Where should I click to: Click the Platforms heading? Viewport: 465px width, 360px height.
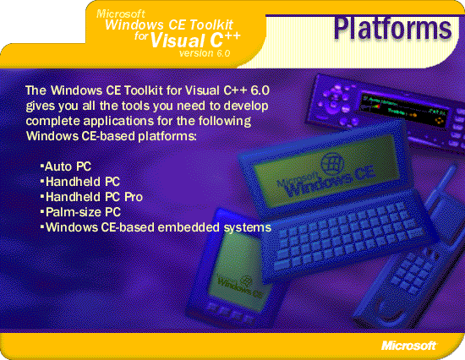392,29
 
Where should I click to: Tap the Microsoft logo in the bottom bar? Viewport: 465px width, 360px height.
408,346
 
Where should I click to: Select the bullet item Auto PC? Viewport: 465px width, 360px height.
66,166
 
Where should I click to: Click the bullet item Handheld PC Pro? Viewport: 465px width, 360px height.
91,197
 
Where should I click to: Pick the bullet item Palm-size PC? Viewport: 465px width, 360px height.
80,212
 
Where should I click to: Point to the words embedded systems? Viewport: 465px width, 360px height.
214,227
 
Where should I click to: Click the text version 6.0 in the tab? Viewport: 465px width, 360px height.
205,53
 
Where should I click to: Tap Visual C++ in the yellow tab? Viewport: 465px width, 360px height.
195,40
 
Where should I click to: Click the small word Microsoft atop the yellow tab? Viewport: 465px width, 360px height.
121,14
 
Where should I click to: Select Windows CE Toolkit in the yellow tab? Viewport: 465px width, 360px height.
169,25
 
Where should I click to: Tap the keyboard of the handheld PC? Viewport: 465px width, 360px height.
344,234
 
